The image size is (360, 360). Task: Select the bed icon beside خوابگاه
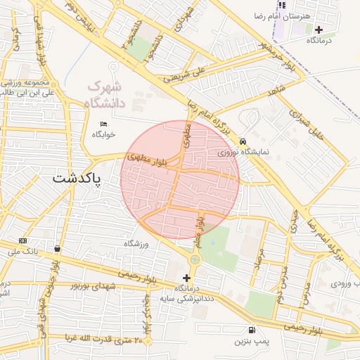(105, 124)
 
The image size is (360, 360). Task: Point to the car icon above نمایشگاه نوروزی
(243, 141)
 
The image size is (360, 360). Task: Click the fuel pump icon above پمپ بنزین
(251, 330)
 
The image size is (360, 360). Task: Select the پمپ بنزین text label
(250, 342)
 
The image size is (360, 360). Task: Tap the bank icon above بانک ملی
(22, 240)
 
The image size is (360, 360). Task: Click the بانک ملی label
(22, 251)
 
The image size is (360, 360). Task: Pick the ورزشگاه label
(138, 243)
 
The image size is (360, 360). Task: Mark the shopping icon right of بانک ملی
(56, 248)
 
